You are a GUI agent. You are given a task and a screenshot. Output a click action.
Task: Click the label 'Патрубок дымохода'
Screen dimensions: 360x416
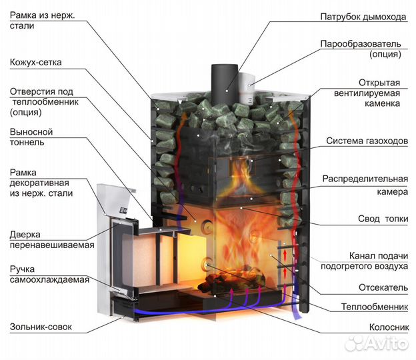pos(363,16)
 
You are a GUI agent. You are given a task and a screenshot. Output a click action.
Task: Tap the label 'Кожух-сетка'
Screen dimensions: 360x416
pos(35,63)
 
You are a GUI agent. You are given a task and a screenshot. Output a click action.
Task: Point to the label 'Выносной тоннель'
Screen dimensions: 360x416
pos(31,137)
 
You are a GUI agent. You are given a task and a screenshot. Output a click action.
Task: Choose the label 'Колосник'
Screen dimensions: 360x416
pos(389,327)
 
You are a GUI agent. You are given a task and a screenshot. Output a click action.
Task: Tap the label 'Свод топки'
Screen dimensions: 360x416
pos(379,219)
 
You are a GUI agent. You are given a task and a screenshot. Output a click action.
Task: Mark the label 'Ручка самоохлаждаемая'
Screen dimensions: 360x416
pos(49,273)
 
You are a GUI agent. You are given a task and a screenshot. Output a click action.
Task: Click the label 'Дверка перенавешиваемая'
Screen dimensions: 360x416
pos(51,239)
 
